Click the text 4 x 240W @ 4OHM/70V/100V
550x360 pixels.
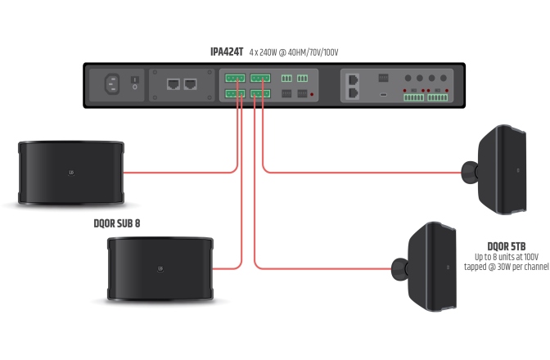[294, 52]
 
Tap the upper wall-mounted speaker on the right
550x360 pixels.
[504, 170]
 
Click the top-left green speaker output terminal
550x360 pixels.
[235, 79]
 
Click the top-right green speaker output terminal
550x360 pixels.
[260, 79]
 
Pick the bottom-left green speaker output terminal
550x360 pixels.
[235, 93]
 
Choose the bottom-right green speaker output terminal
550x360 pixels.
[260, 93]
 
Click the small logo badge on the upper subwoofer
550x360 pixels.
[72, 173]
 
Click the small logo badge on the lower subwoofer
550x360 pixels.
[160, 268]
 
